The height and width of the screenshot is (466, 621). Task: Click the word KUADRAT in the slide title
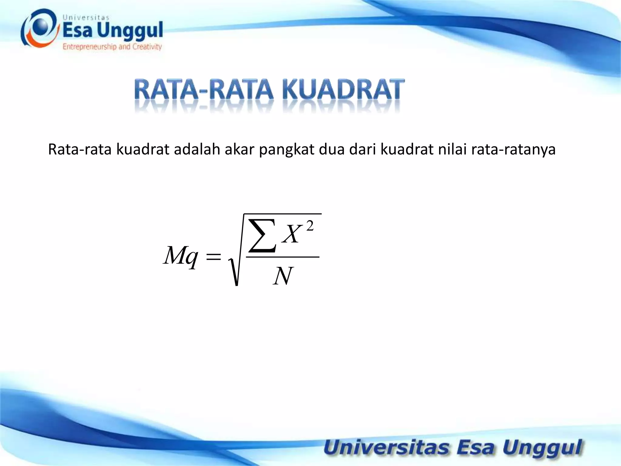click(x=343, y=89)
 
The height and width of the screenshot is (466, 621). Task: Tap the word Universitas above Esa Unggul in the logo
click(x=86, y=18)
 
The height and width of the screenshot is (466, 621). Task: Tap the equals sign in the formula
click(x=213, y=257)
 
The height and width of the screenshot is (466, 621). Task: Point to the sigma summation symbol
click(x=262, y=236)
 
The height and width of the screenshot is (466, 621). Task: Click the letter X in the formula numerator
click(x=292, y=234)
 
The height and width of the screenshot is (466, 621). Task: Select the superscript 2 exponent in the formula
click(x=310, y=226)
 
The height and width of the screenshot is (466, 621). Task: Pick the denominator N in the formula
click(x=283, y=276)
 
